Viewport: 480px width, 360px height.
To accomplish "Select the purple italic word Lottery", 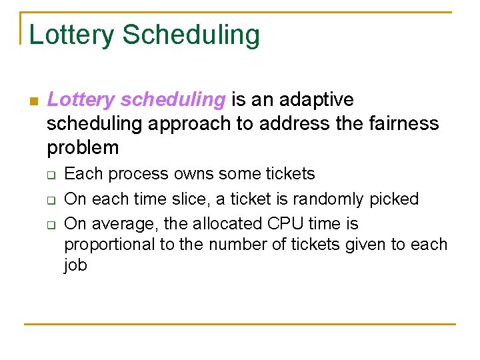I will [81, 100].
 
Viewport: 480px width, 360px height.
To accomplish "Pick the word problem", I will [83, 148].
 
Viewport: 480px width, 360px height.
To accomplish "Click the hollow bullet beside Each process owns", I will [49, 175].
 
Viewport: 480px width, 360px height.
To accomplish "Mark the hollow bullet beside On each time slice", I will [49, 199].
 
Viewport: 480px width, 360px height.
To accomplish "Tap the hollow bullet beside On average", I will [49, 224].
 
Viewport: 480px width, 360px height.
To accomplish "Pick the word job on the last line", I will [75, 266].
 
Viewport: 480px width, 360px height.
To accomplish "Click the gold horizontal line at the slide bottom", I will [240, 324].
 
